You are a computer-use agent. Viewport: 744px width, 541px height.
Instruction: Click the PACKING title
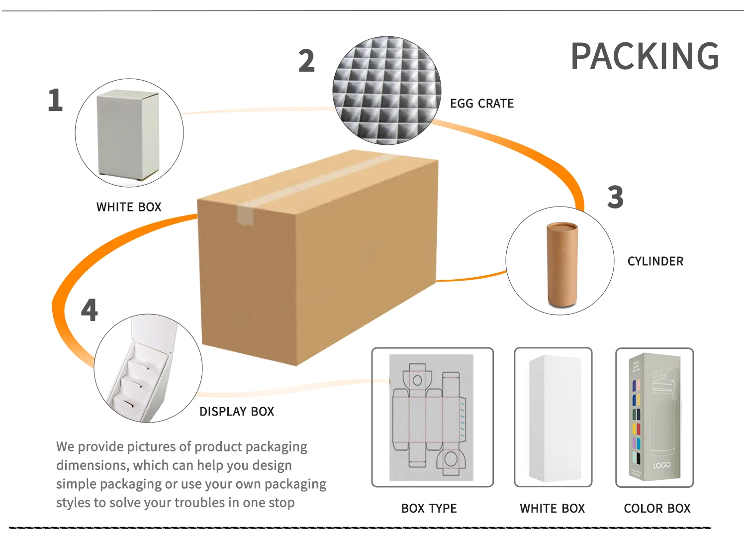tap(645, 56)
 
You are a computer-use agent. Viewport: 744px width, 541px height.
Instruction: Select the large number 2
tap(306, 61)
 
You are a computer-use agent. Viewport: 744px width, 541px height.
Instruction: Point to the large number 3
tap(615, 197)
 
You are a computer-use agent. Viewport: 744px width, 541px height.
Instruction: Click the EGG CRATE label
tap(481, 104)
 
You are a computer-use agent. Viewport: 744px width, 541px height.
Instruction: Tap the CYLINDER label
tap(655, 261)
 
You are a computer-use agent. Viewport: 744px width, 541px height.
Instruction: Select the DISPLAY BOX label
tap(237, 412)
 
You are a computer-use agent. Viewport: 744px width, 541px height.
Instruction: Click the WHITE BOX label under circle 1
tap(129, 207)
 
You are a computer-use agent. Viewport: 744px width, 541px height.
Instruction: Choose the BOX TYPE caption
tap(429, 508)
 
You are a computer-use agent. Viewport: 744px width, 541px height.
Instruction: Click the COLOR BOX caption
tap(657, 508)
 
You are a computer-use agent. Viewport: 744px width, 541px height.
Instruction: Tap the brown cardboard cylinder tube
tap(562, 264)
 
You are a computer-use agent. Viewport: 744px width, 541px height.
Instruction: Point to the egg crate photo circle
tap(386, 91)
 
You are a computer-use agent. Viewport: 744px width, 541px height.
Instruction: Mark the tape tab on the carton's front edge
tap(245, 216)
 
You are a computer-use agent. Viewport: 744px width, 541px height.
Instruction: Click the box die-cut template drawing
tap(431, 417)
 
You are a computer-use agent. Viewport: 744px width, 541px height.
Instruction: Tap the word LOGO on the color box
tap(661, 465)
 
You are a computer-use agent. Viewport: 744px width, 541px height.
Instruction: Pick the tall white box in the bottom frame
tap(555, 418)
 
